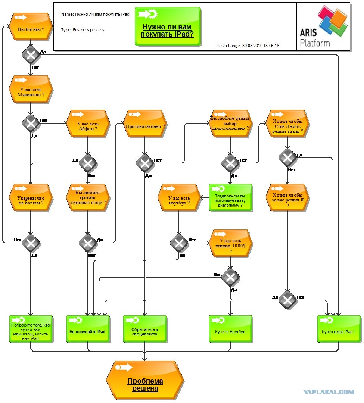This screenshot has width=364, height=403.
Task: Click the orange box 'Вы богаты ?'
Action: [x=31, y=26]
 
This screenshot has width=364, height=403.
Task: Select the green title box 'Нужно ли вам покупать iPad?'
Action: [x=168, y=26]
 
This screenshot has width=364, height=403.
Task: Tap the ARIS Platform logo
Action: [x=324, y=26]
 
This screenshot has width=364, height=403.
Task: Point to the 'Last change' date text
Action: [x=248, y=46]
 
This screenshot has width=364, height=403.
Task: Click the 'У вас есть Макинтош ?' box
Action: [x=31, y=89]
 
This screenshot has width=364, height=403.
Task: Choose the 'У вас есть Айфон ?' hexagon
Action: [x=88, y=124]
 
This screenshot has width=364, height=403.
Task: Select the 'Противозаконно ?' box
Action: [x=145, y=124]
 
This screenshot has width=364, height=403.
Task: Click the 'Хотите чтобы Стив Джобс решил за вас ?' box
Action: [x=287, y=124]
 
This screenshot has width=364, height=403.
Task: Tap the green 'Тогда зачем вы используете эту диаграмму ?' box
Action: [x=231, y=197]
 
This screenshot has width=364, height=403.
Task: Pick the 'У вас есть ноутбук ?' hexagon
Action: [x=179, y=198]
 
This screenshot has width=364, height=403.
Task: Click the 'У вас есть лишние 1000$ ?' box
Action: [x=231, y=243]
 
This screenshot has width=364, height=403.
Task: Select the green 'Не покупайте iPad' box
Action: [x=88, y=329]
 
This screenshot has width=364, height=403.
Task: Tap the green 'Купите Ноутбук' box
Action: [x=231, y=329]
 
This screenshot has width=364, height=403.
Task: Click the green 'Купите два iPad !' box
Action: [x=339, y=329]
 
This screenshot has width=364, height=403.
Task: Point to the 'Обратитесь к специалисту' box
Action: [x=145, y=329]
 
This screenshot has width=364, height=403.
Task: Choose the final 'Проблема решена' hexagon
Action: [x=145, y=380]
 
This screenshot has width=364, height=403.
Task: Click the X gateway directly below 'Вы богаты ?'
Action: [x=31, y=55]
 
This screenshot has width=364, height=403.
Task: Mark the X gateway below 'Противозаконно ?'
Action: [x=145, y=163]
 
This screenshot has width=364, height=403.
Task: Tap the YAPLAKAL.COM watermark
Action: [x=329, y=392]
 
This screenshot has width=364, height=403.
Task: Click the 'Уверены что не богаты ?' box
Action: [x=31, y=198]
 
